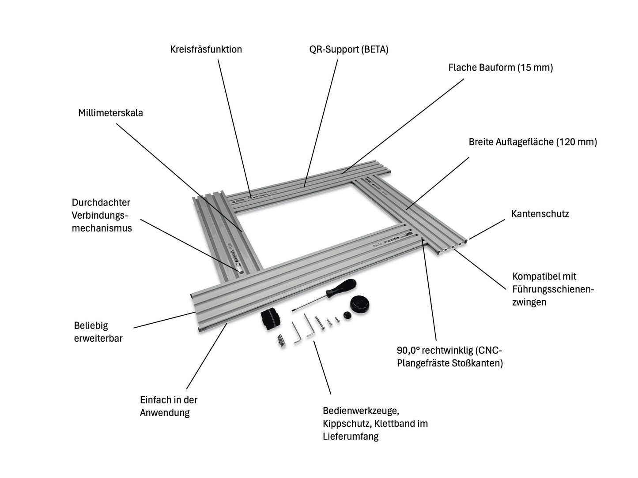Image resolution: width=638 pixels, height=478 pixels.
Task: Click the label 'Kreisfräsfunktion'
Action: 206,49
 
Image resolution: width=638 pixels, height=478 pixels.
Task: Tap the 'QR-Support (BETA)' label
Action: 348,49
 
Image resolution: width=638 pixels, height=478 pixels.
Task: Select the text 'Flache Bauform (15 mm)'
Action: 501,67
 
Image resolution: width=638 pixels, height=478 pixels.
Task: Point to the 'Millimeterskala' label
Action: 110,113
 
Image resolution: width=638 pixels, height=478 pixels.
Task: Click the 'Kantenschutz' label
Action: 540,214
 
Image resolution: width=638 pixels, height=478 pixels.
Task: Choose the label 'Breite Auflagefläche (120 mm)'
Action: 532,142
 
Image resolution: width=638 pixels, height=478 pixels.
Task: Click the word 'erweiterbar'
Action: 98,338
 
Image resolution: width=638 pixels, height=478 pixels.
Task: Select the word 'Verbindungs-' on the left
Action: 100,215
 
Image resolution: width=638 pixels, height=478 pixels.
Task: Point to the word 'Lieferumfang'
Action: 351,437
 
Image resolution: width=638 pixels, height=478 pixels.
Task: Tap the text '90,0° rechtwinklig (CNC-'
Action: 449,351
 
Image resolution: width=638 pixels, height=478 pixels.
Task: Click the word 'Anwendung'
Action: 165,413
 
